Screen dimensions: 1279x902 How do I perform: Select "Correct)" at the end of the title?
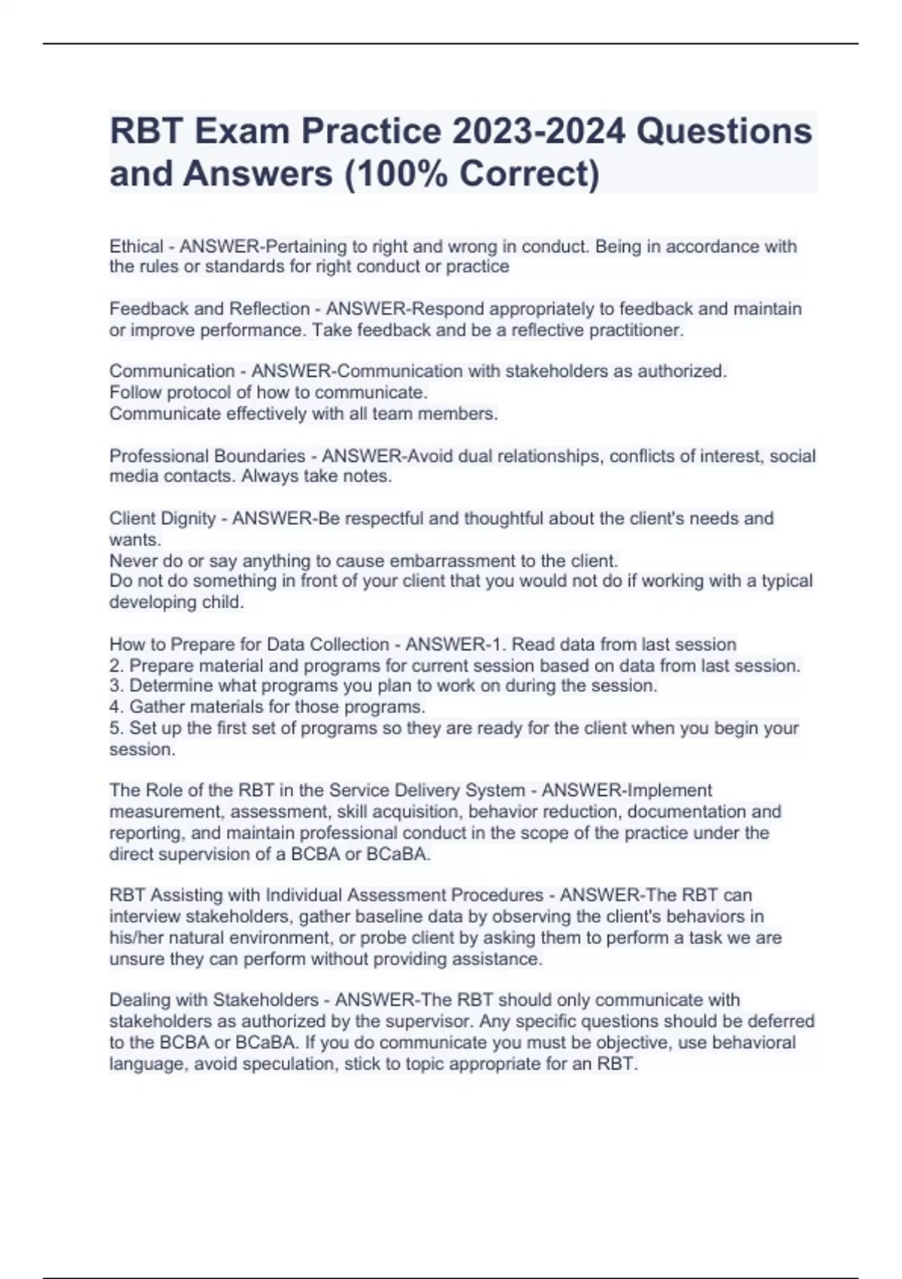(530, 174)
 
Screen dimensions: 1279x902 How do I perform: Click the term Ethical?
(136, 246)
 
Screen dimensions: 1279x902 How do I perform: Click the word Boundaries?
(260, 456)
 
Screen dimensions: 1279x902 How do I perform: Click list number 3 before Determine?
(115, 685)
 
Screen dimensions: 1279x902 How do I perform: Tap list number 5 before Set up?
(115, 728)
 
